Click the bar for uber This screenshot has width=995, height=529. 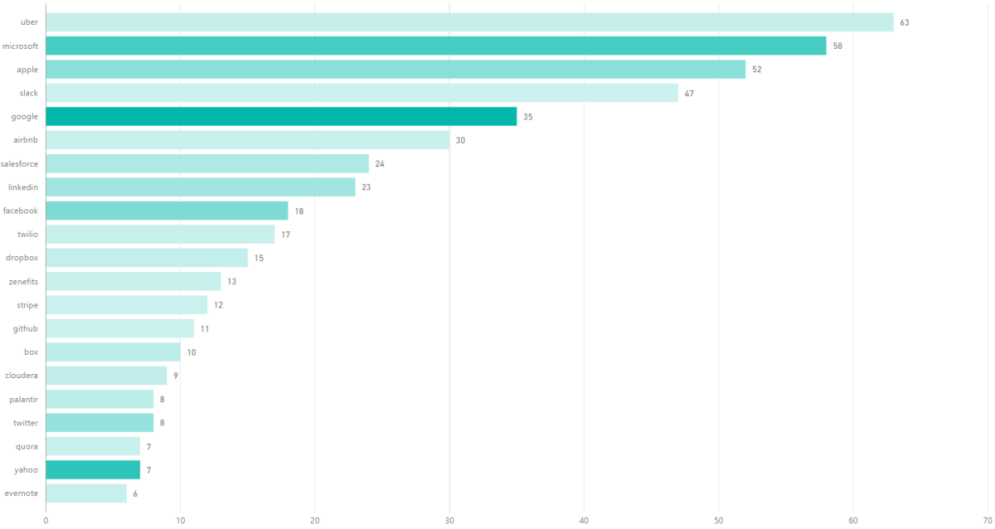pyautogui.click(x=469, y=22)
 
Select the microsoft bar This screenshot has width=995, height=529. pyautogui.click(x=436, y=46)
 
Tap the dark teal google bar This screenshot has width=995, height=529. pyautogui.click(x=281, y=117)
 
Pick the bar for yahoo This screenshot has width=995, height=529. pyautogui.click(x=93, y=470)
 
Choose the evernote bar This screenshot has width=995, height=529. pyautogui.click(x=86, y=493)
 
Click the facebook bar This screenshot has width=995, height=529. pyautogui.click(x=167, y=211)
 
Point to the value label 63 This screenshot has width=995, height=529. pyautogui.click(x=905, y=22)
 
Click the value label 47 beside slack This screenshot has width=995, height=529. pyautogui.click(x=689, y=94)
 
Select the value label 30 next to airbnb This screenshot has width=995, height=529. pyautogui.click(x=460, y=141)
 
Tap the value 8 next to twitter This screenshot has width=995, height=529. pyautogui.click(x=163, y=423)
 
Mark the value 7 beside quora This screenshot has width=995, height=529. pyautogui.click(x=149, y=447)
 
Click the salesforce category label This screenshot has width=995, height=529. pyautogui.click(x=20, y=164)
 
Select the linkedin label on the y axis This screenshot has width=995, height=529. pyautogui.click(x=23, y=187)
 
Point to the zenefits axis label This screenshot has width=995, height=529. pyautogui.click(x=23, y=282)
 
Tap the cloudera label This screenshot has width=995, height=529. pyautogui.click(x=22, y=376)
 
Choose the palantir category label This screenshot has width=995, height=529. pyautogui.click(x=24, y=400)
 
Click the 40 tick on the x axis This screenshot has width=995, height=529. pyautogui.click(x=584, y=520)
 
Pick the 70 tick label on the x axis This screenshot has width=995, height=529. pyautogui.click(x=987, y=520)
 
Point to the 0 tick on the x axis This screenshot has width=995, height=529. pyautogui.click(x=46, y=520)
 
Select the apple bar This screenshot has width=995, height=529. pyautogui.click(x=396, y=70)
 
